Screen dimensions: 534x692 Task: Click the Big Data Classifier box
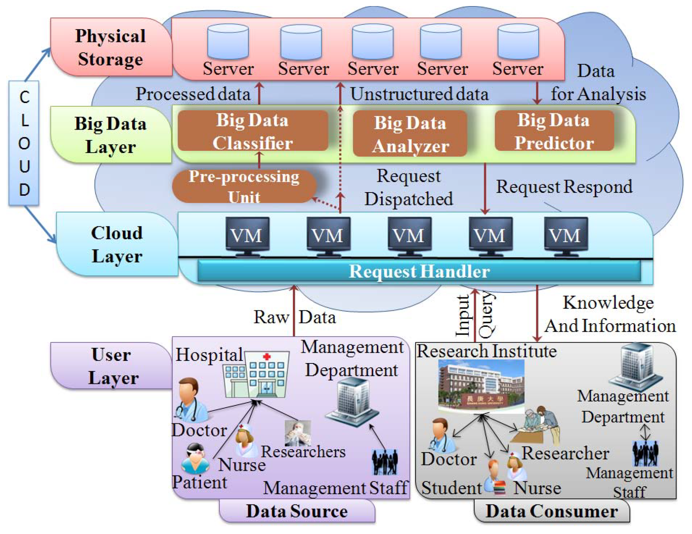click(x=253, y=131)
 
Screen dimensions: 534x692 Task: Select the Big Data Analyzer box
click(x=410, y=134)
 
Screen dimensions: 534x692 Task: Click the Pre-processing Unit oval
click(x=244, y=186)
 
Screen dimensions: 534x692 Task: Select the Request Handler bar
click(x=419, y=271)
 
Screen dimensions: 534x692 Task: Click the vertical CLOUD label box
click(x=24, y=143)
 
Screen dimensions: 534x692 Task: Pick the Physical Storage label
click(x=111, y=47)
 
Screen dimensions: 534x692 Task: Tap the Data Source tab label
click(x=296, y=511)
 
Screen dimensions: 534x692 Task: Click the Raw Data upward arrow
click(x=294, y=311)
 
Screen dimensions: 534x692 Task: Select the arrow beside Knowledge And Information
click(x=537, y=312)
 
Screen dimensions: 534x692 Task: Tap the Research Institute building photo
click(x=481, y=386)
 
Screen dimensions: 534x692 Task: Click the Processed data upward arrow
click(x=259, y=93)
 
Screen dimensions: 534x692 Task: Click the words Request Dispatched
click(x=408, y=187)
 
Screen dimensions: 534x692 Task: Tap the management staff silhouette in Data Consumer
click(x=645, y=454)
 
